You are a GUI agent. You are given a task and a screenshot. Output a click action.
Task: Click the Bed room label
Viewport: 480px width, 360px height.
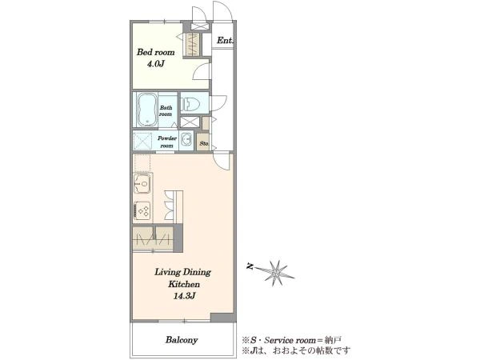pyautogui.click(x=155, y=52)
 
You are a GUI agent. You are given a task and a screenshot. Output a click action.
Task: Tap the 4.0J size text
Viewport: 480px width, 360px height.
pyautogui.click(x=156, y=64)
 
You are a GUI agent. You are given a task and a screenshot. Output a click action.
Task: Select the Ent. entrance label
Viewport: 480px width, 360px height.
pyautogui.click(x=225, y=40)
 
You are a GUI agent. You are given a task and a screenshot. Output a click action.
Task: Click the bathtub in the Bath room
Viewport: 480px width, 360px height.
pyautogui.click(x=147, y=110)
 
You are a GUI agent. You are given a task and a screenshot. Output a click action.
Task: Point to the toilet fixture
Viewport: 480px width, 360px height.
pyautogui.click(x=190, y=104)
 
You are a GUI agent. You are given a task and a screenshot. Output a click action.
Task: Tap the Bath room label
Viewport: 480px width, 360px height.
pyautogui.click(x=166, y=111)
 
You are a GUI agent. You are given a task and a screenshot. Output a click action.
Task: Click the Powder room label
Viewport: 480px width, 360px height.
pyautogui.click(x=167, y=142)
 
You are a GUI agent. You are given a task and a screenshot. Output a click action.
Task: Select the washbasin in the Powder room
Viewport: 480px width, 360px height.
pyautogui.click(x=186, y=141)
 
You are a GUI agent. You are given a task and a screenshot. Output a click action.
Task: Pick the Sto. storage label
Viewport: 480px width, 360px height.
pyautogui.click(x=204, y=143)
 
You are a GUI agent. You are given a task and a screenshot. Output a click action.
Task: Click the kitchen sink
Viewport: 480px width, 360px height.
pyautogui.click(x=142, y=183)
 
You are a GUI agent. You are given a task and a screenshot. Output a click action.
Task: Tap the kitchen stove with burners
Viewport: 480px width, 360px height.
pyautogui.click(x=142, y=211)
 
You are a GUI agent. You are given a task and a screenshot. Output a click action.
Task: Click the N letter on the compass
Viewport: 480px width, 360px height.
pyautogui.click(x=250, y=266)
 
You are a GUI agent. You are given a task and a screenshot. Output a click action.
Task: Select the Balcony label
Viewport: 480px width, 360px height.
pyautogui.click(x=182, y=340)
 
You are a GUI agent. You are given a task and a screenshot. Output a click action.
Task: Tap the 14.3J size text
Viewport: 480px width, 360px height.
pyautogui.click(x=184, y=296)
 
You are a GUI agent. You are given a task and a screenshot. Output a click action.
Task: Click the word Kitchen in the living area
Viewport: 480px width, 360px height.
pyautogui.click(x=184, y=284)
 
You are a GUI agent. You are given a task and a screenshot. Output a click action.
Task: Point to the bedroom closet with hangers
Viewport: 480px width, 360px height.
pyautogui.click(x=193, y=44)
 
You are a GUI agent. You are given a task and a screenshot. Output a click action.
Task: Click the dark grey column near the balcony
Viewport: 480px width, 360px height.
pyautogui.click(x=222, y=318)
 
